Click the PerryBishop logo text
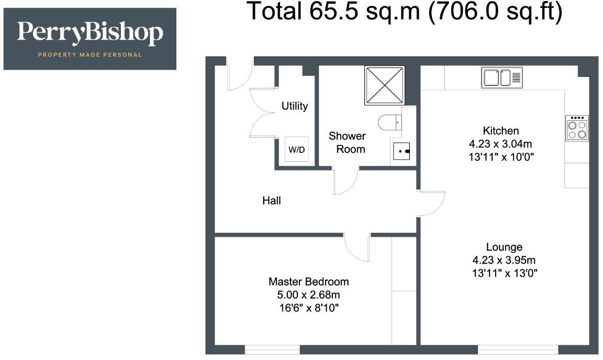(x=90, y=33)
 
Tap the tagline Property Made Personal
(x=90, y=54)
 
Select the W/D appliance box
(x=297, y=150)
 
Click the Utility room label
(x=295, y=106)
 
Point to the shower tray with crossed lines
(x=385, y=85)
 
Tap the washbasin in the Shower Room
(x=403, y=151)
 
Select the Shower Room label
(x=347, y=142)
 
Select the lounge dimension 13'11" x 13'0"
(x=504, y=273)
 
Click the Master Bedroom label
(x=308, y=282)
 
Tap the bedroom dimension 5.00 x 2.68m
(x=308, y=295)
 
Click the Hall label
(x=272, y=200)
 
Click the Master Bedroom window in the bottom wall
(x=272, y=349)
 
